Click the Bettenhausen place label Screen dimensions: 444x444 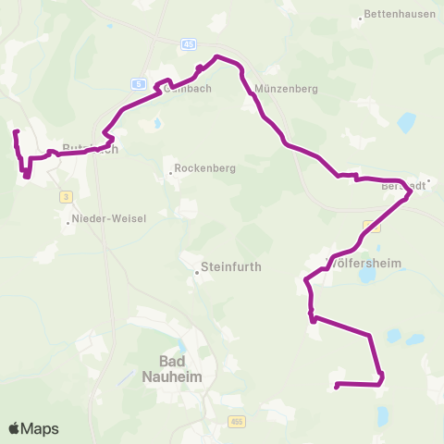pyautogui.click(x=400, y=14)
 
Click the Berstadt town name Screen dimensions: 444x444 pyautogui.click(x=404, y=185)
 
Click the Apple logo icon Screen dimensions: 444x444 pyautogui.click(x=14, y=428)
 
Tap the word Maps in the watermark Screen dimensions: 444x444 pyautogui.click(x=41, y=428)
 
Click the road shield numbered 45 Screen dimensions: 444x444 pyautogui.click(x=188, y=43)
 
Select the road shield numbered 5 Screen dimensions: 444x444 pyautogui.click(x=140, y=84)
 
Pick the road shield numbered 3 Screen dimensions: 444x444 pyautogui.click(x=67, y=196)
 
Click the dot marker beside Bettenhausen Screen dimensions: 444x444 pyautogui.click(x=361, y=16)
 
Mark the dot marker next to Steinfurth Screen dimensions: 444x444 pyautogui.click(x=199, y=273)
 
